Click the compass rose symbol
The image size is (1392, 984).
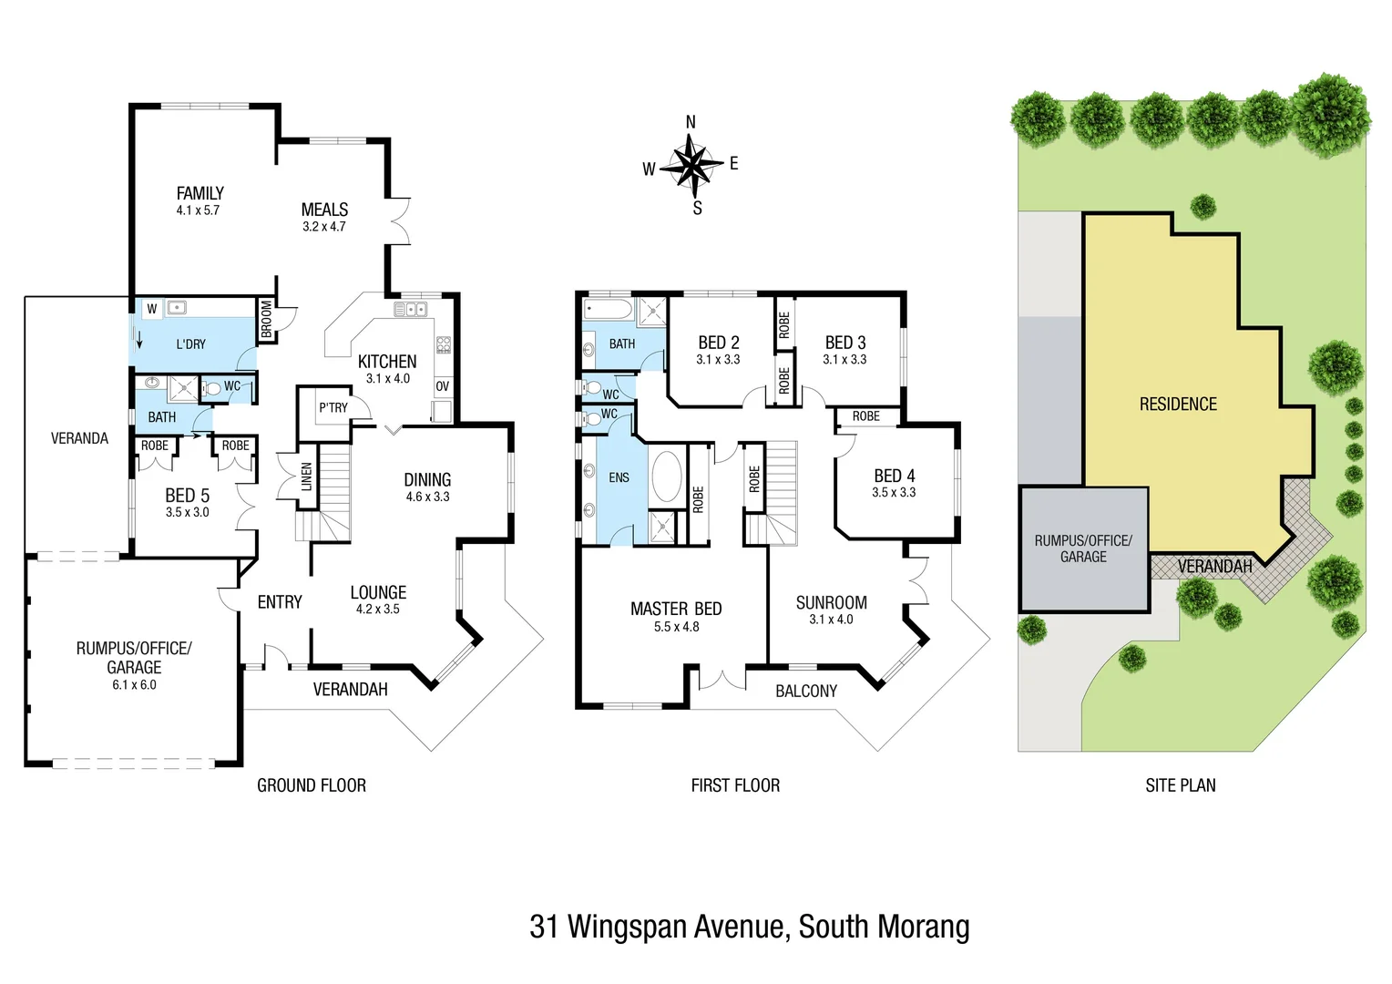pos(692,166)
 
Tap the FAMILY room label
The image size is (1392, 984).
pos(200,193)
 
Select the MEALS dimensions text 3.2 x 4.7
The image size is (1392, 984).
pos(324,227)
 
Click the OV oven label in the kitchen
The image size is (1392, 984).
pos(443,386)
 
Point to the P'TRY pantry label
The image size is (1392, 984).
pos(333,407)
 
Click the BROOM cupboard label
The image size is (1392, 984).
pos(266,319)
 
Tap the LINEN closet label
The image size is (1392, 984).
pos(307,477)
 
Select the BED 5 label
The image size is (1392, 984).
pos(187,496)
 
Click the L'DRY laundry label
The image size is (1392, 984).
pos(190,344)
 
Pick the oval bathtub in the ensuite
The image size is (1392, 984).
pos(667,477)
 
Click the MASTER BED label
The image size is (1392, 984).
pos(676,609)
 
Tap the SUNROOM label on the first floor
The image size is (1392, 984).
pos(831,602)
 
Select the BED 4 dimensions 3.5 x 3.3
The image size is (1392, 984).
pos(894,493)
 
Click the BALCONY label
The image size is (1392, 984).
pos(805,692)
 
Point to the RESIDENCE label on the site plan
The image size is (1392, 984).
pos(1178,404)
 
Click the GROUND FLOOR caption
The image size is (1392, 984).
pos(312,785)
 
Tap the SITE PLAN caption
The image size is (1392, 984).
pos(1180,785)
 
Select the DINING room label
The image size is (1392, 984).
pos(427,479)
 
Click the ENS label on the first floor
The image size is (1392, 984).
pos(619,477)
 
